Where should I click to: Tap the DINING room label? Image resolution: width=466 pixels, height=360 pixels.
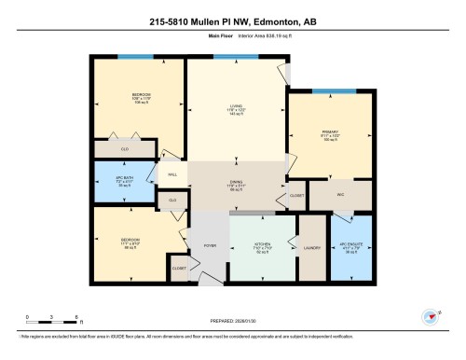[x=236, y=184]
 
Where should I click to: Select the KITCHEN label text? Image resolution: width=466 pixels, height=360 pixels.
[x=264, y=246]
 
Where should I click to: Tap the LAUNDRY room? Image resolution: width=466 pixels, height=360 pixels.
[x=311, y=247]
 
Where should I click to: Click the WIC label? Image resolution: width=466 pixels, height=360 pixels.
[x=340, y=195]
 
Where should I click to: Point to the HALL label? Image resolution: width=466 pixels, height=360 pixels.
[x=172, y=174]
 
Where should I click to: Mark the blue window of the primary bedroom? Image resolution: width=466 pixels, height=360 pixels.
[x=327, y=91]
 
